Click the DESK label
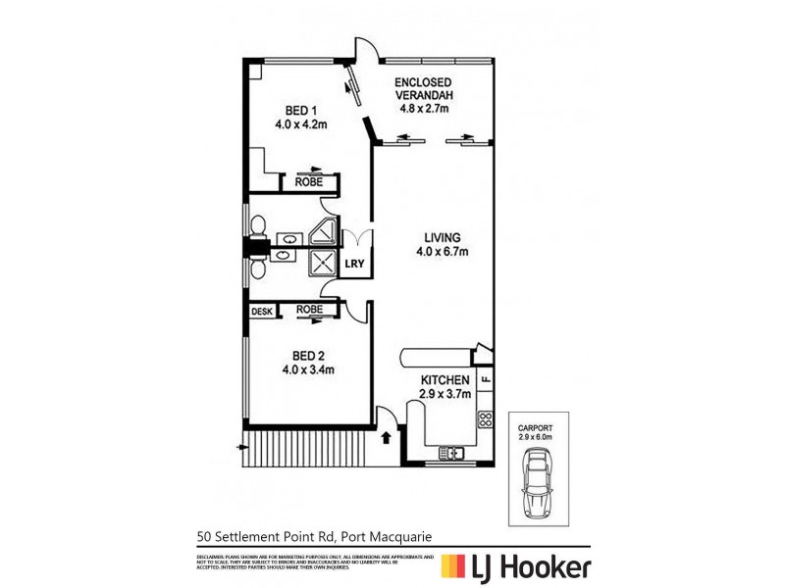[261, 312]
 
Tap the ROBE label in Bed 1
[309, 181]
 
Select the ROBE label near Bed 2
[309, 312]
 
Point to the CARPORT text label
[538, 428]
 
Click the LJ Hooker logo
[514, 566]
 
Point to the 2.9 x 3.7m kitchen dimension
[446, 394]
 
